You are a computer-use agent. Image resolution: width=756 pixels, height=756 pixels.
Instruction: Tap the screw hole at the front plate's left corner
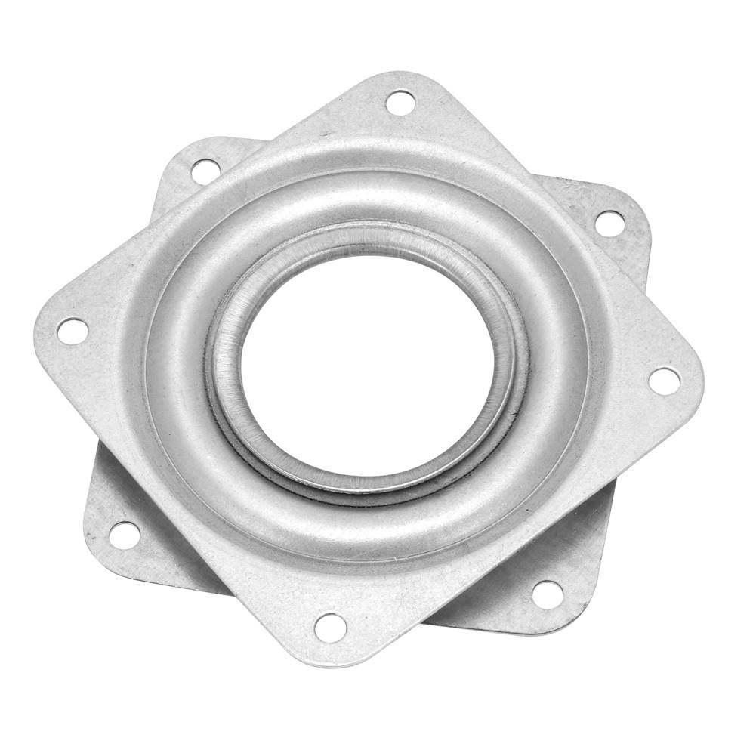(72, 330)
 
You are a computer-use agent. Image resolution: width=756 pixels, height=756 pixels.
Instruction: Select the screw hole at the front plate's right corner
(664, 380)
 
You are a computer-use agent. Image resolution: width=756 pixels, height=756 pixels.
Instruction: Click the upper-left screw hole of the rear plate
(204, 169)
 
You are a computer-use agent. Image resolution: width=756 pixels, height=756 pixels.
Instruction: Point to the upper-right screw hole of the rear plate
(609, 222)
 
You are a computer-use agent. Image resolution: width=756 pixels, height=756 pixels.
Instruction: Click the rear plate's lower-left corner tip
(94, 548)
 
